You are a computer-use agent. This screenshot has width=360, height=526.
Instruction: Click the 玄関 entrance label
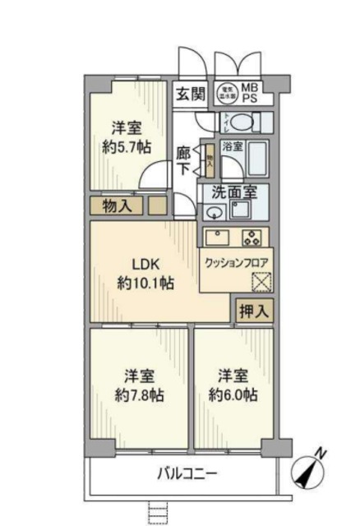(189, 94)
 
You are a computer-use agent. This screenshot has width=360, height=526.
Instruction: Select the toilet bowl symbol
(239, 122)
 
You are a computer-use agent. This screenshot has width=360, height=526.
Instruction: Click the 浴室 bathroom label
(232, 146)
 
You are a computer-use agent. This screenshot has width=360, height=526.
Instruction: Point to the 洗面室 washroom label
(234, 193)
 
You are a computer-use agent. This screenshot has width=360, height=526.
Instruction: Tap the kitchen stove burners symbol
(252, 238)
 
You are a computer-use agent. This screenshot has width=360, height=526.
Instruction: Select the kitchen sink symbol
(219, 238)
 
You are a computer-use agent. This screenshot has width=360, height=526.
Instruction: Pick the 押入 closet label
(252, 310)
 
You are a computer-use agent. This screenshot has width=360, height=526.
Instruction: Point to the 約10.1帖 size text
(145, 284)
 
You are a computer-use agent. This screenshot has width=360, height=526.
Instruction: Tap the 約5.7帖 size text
(127, 147)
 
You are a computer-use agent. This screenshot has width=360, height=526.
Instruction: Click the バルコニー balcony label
(187, 474)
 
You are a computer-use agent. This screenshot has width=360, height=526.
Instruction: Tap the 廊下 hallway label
(184, 160)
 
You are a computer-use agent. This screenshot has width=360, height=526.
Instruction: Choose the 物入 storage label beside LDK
(118, 206)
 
